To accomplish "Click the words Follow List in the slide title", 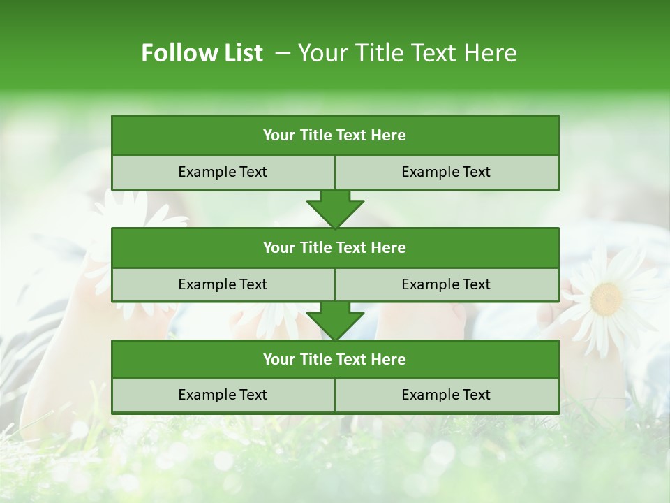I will pos(202,53).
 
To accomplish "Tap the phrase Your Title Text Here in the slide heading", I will pos(408,53).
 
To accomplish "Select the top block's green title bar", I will pos(335,136).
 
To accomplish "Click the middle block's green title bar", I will pos(335,247).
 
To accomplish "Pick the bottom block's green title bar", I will pos(335,359).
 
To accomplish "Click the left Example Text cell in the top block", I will pos(223,172).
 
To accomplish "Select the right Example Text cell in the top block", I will pos(446,172).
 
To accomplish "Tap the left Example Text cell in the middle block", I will pos(223,284).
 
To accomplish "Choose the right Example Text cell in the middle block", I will pos(446,284).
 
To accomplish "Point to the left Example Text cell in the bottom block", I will pos(223,395).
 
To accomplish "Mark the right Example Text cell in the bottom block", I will pos(446,395).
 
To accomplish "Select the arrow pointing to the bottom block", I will pos(335,321).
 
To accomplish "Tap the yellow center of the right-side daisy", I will pos(606,299).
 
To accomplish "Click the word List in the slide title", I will pos(241,53).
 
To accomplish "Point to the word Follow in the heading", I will pos(175,53).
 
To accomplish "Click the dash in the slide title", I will pos(283,53).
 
